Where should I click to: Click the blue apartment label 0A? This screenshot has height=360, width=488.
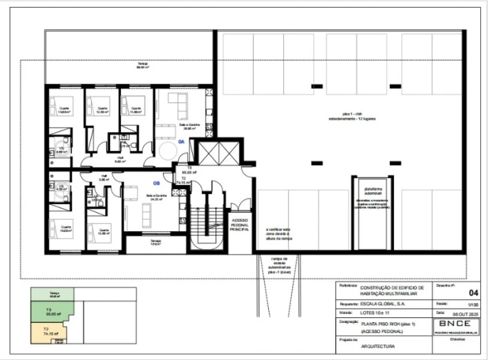coord(181,142)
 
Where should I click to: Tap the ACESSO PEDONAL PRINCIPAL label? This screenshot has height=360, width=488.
coord(238,225)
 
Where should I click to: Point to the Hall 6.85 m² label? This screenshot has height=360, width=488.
coord(120,159)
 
